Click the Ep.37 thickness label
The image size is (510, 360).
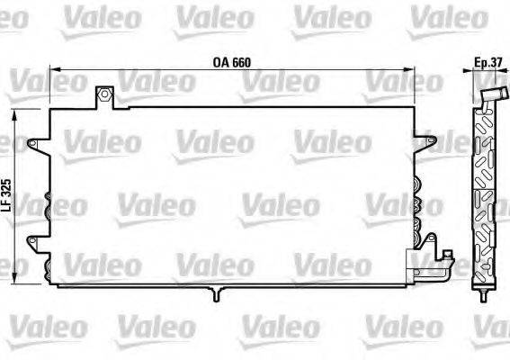[x=487, y=62]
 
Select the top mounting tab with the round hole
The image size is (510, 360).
[x=105, y=95]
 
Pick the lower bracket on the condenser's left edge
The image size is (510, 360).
[x=38, y=240]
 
